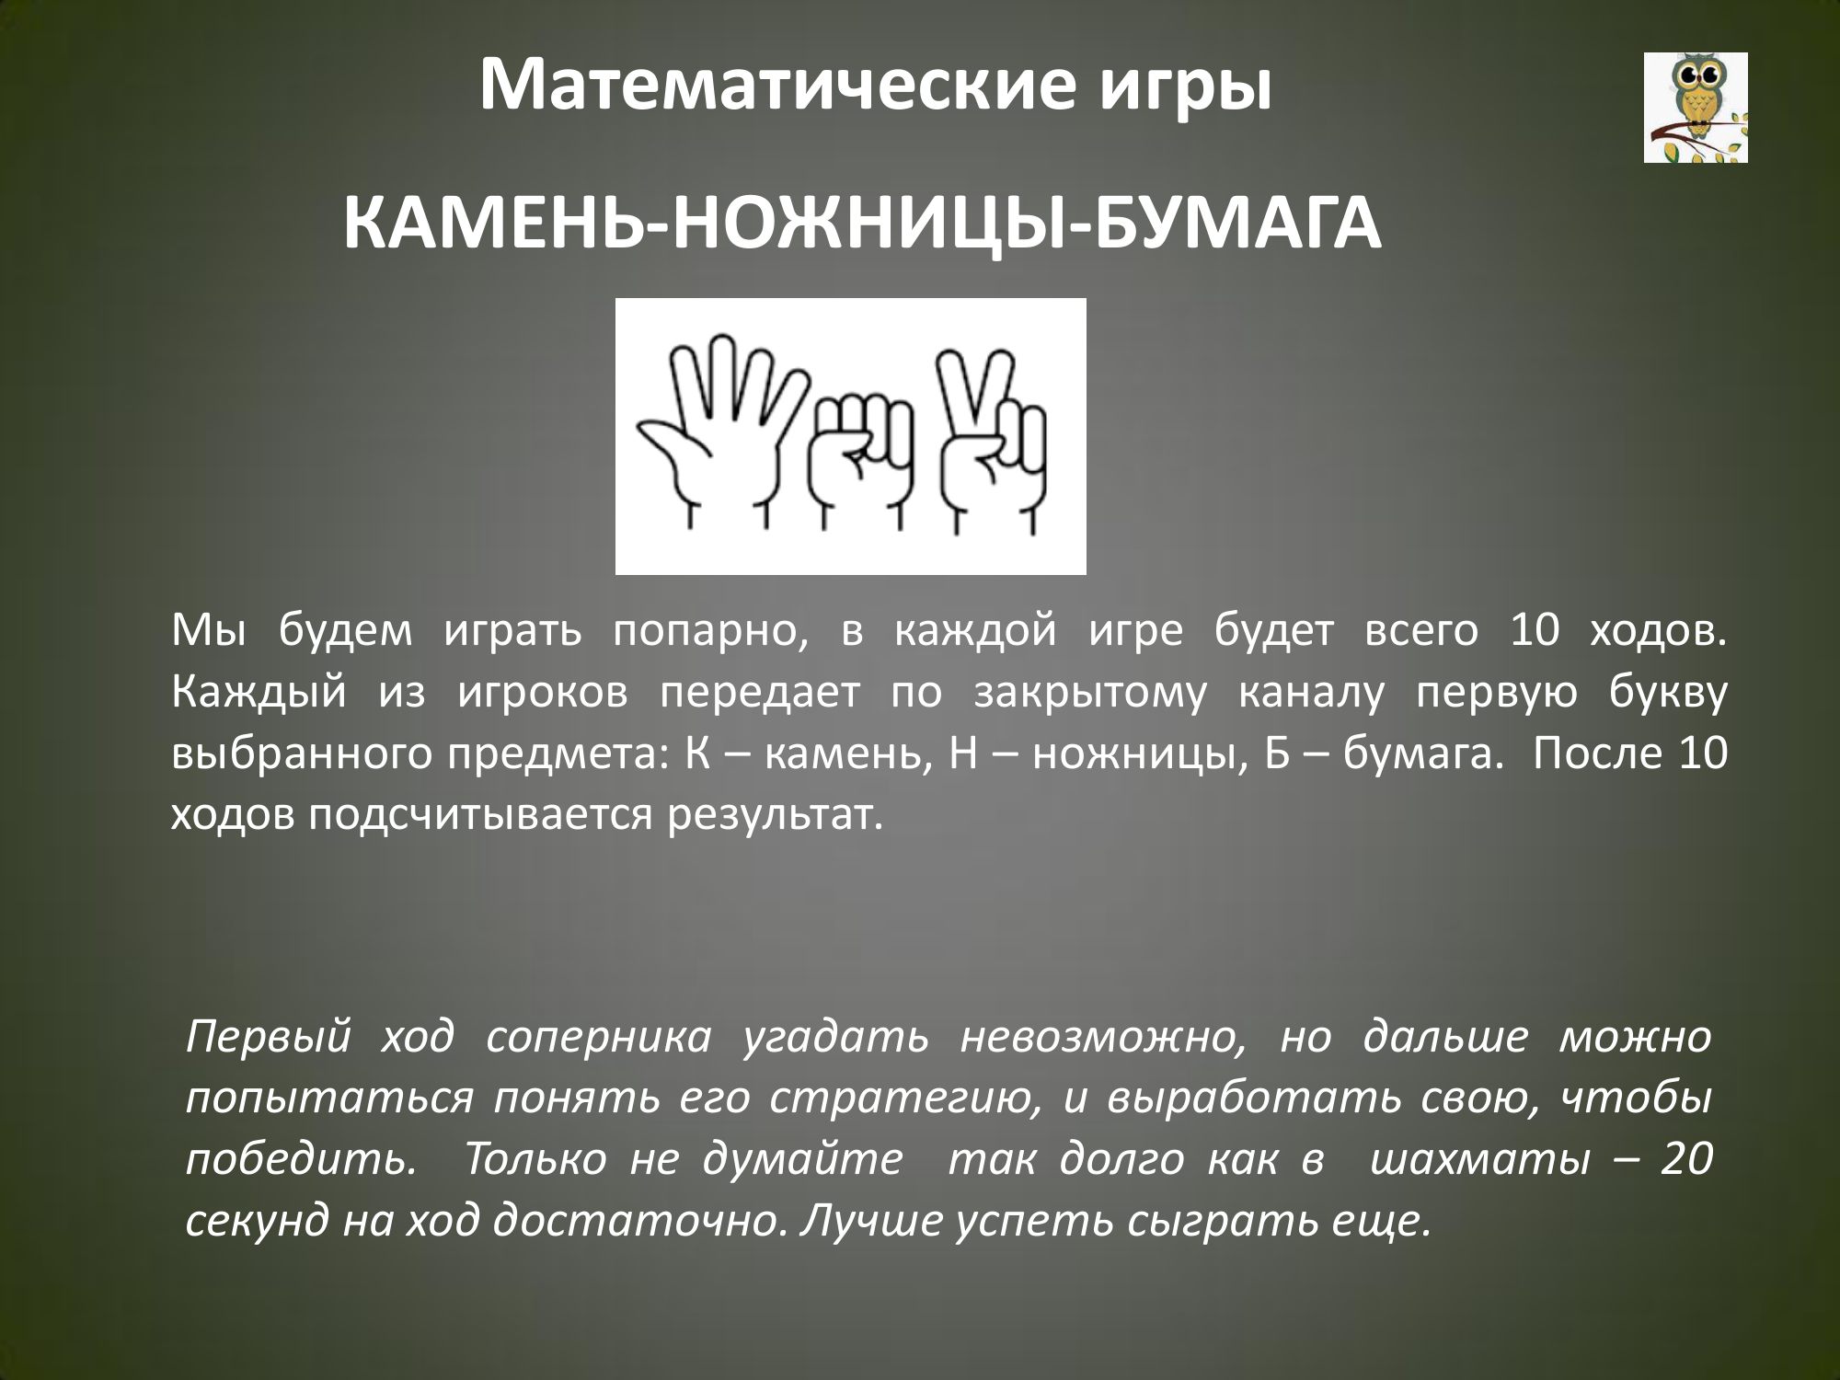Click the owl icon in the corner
[x=1696, y=108]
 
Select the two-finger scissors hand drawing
[x=992, y=443]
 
